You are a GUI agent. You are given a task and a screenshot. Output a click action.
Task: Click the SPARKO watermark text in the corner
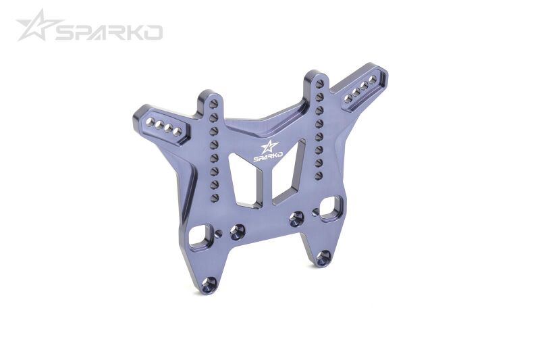[x=109, y=32]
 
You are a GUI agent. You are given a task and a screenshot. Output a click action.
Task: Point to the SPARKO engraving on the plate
[x=269, y=158]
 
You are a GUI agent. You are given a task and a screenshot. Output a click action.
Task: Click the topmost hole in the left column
[x=213, y=105]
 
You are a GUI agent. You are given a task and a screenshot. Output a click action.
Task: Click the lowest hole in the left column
[x=215, y=197]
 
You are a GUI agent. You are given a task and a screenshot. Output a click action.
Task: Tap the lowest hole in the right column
[x=318, y=175]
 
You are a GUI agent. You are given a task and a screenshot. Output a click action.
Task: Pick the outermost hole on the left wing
[x=151, y=122]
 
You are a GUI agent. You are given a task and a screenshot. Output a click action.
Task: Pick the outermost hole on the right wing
[x=373, y=80]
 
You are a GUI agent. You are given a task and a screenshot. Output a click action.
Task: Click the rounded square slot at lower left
[x=200, y=234]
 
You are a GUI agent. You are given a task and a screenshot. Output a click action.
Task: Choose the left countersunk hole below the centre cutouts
[x=237, y=231]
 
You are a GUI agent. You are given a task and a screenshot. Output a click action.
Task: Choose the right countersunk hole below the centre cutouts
[x=296, y=217]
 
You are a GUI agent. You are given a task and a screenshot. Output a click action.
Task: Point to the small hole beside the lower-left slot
[x=218, y=234]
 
